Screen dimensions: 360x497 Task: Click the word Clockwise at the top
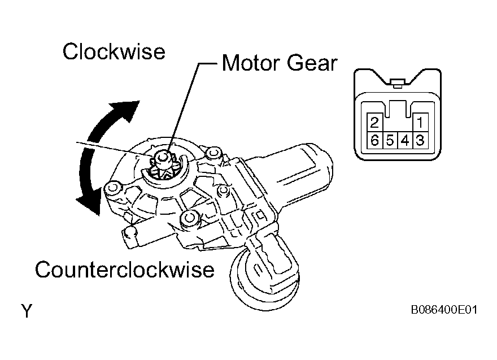click(114, 52)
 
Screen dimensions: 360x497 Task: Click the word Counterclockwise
click(124, 270)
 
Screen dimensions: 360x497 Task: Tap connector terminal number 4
click(405, 140)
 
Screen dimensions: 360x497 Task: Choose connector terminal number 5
click(390, 140)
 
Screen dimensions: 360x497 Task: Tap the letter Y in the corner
click(26, 310)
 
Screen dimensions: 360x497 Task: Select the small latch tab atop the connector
click(396, 84)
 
